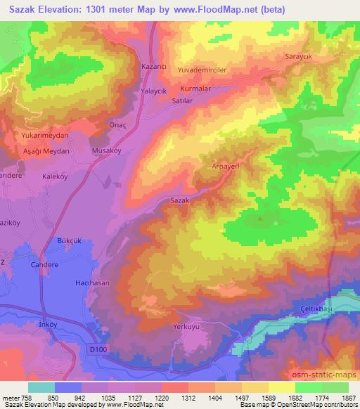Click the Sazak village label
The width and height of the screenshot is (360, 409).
[181, 200]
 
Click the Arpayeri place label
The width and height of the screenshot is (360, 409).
[226, 167]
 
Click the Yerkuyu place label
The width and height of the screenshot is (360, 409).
[187, 327]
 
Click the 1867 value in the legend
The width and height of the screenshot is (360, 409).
[349, 397]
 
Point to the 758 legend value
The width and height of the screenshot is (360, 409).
[23, 397]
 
